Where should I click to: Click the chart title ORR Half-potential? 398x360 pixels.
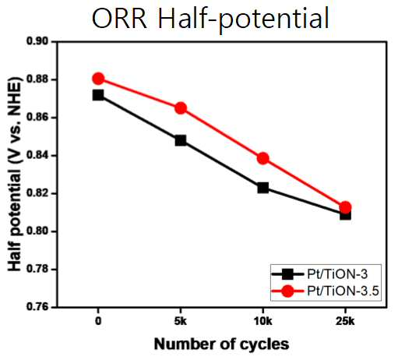click(210, 19)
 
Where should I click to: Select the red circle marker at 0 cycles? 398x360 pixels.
click(98, 79)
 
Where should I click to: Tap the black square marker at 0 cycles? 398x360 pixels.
click(98, 95)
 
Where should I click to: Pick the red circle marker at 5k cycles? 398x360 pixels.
click(181, 108)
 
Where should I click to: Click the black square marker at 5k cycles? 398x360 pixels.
click(181, 140)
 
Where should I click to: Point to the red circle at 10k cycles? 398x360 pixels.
click(263, 158)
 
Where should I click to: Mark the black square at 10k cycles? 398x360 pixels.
click(263, 188)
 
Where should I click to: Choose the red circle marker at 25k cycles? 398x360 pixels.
click(345, 207)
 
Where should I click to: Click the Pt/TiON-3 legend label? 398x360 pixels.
click(337, 274)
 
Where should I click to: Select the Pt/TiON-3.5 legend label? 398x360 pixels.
click(343, 291)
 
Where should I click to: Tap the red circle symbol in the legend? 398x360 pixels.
click(287, 291)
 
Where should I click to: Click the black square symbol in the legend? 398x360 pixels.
click(287, 274)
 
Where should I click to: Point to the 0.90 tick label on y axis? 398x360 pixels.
click(37, 41)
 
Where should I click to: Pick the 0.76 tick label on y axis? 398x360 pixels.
click(37, 307)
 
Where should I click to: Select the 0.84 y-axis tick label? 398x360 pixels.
click(37, 155)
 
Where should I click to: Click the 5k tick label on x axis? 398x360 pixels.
click(181, 322)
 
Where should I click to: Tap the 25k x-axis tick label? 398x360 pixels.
click(345, 322)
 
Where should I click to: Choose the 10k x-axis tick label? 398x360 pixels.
click(263, 322)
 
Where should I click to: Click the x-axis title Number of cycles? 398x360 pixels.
click(221, 344)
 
